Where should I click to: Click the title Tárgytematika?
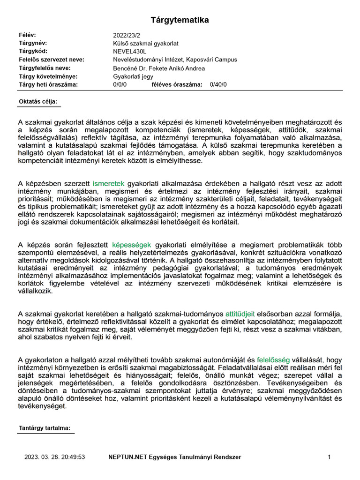click(180, 20)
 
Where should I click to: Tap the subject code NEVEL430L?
click(130, 51)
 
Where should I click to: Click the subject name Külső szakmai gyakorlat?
click(146, 43)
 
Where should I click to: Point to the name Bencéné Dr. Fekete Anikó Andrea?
click(159, 68)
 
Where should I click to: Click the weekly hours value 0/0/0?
click(120, 84)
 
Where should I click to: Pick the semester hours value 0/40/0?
click(218, 84)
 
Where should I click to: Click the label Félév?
click(27, 35)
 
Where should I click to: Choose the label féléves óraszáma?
click(177, 84)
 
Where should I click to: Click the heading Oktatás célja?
click(37, 101)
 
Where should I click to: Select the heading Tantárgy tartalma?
click(45, 428)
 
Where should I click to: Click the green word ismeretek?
click(108, 184)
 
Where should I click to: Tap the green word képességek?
click(132, 245)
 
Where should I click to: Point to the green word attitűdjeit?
click(240, 313)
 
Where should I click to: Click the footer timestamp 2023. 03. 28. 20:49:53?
click(54, 457)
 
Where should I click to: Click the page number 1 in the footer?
click(330, 457)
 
